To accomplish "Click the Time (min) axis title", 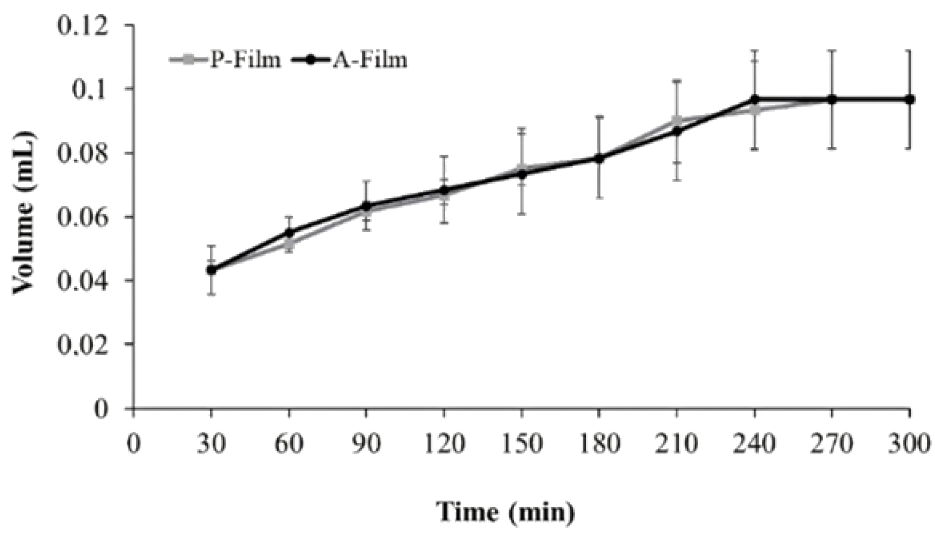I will pos(505,511).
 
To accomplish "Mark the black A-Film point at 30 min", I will pos(211,270).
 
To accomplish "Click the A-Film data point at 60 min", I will pos(289,233).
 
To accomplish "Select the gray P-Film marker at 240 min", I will pos(754,110).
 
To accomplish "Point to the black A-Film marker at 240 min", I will pos(754,99).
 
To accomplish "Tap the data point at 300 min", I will pos(909,99).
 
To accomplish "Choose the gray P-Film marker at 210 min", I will pos(677,121).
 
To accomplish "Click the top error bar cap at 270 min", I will pos(832,50).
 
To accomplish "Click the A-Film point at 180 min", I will pos(599,158).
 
